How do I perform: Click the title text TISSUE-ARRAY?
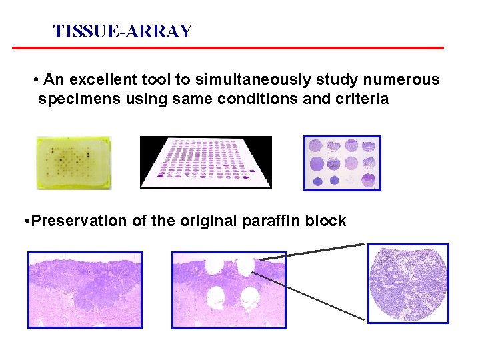(x=123, y=31)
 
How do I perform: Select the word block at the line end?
(x=326, y=221)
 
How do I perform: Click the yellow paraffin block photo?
(x=73, y=163)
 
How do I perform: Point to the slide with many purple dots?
(x=206, y=162)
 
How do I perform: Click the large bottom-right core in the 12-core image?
(x=368, y=180)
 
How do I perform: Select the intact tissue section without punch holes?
(x=85, y=289)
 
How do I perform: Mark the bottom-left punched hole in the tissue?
(x=216, y=296)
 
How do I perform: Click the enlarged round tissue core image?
(x=408, y=283)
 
